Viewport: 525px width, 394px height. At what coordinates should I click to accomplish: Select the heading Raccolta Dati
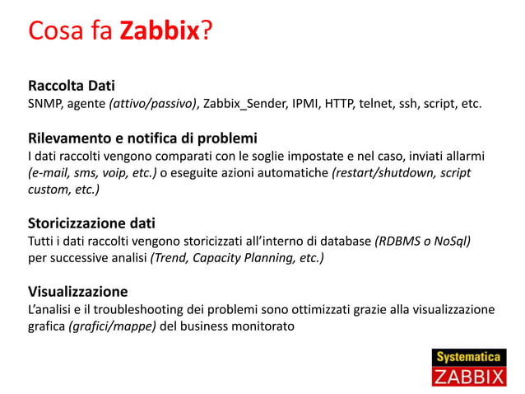click(x=72, y=86)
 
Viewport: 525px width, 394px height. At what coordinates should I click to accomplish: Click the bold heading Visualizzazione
click(x=78, y=291)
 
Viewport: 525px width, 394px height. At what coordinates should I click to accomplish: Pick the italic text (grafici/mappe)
click(x=113, y=326)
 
